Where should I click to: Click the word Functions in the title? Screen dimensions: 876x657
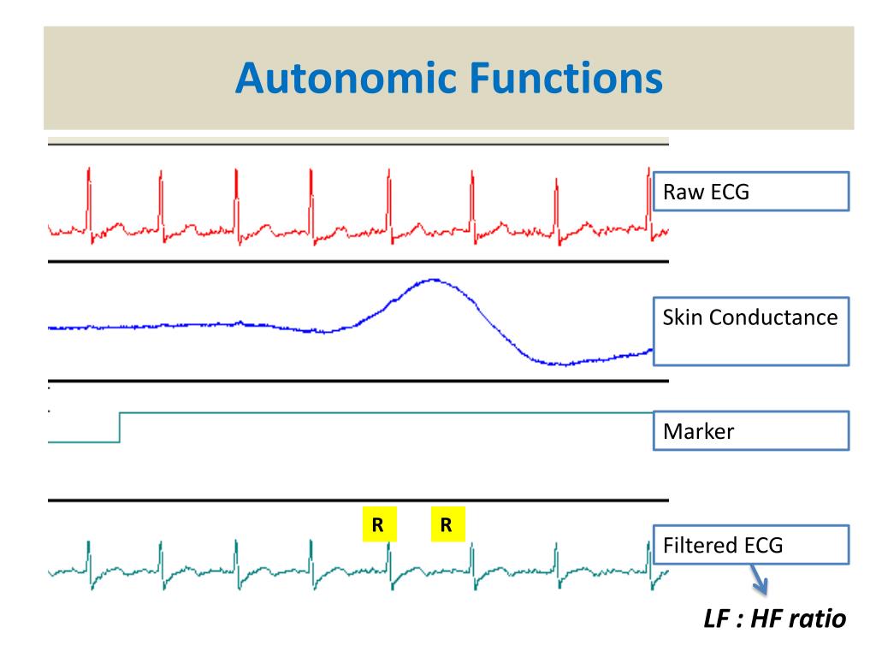566,78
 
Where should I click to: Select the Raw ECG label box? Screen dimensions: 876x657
751,192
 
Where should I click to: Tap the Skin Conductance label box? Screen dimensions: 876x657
751,331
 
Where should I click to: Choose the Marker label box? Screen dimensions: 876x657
751,431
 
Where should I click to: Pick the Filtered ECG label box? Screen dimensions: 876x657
751,545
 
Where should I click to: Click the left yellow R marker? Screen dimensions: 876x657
379,524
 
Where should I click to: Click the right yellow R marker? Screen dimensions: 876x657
447,524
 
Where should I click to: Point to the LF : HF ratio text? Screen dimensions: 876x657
775,619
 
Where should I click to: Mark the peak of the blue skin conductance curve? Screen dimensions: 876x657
433,280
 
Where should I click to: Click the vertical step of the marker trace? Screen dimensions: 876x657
120,428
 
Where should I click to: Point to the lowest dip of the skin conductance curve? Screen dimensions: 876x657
565,364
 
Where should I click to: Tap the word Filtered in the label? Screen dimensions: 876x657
690,545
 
